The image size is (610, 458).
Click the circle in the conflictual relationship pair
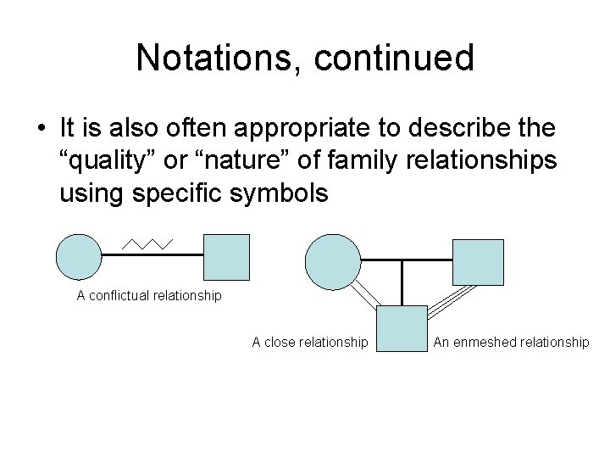(x=79, y=257)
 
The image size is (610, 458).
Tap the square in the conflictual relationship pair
(x=227, y=257)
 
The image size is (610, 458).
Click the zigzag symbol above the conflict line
(x=148, y=243)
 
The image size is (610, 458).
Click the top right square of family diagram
(x=478, y=261)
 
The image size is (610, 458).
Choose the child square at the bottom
(x=400, y=328)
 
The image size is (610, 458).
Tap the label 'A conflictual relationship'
(x=149, y=296)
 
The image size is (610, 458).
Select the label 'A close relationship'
(x=310, y=342)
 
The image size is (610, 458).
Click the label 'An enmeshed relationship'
(x=511, y=342)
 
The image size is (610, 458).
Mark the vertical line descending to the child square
(x=401, y=283)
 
